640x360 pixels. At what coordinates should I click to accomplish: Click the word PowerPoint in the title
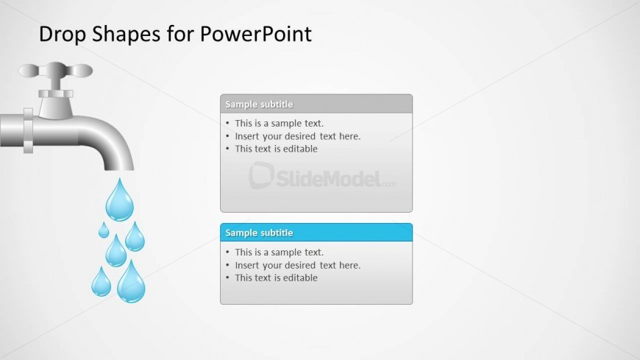click(x=255, y=35)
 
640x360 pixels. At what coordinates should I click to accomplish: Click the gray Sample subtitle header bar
click(x=316, y=104)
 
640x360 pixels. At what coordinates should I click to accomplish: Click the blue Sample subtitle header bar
click(x=316, y=233)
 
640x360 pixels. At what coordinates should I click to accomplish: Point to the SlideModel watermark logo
click(x=321, y=177)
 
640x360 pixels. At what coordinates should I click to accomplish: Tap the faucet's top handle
click(x=55, y=70)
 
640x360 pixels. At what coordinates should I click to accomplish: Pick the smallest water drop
click(x=104, y=230)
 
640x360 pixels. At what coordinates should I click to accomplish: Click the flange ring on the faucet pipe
click(x=28, y=131)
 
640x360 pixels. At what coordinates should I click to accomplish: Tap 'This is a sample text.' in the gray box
click(x=280, y=123)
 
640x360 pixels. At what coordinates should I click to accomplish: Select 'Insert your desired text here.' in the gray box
click(x=297, y=136)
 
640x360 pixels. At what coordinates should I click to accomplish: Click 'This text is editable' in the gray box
click(x=276, y=149)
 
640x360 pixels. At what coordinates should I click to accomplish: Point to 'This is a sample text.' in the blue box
click(x=280, y=252)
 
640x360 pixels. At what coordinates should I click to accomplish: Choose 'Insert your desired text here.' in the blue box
click(x=297, y=265)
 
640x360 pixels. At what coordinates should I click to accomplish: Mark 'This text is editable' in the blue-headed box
click(x=276, y=278)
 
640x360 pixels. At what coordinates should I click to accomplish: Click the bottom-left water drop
click(x=102, y=283)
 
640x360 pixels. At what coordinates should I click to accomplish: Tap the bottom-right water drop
click(x=131, y=283)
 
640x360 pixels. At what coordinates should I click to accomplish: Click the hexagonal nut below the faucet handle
click(x=56, y=93)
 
